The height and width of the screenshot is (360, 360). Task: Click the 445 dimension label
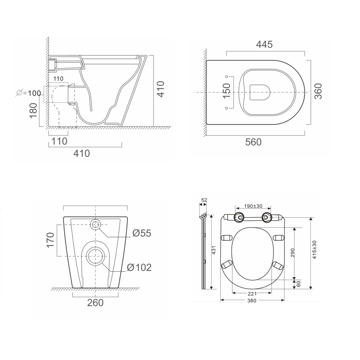[x=265, y=44]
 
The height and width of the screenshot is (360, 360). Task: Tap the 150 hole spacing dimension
[x=226, y=92]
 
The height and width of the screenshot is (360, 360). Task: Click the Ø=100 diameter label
[x=28, y=93]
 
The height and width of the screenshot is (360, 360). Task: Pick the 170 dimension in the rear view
[x=50, y=240]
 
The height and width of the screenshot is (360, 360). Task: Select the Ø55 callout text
[x=142, y=233]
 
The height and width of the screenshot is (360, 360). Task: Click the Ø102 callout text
[x=139, y=268]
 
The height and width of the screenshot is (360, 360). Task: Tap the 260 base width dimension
[x=95, y=302]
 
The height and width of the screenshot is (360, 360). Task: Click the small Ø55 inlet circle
[x=96, y=224]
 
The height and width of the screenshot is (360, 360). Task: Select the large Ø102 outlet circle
[x=96, y=256]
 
